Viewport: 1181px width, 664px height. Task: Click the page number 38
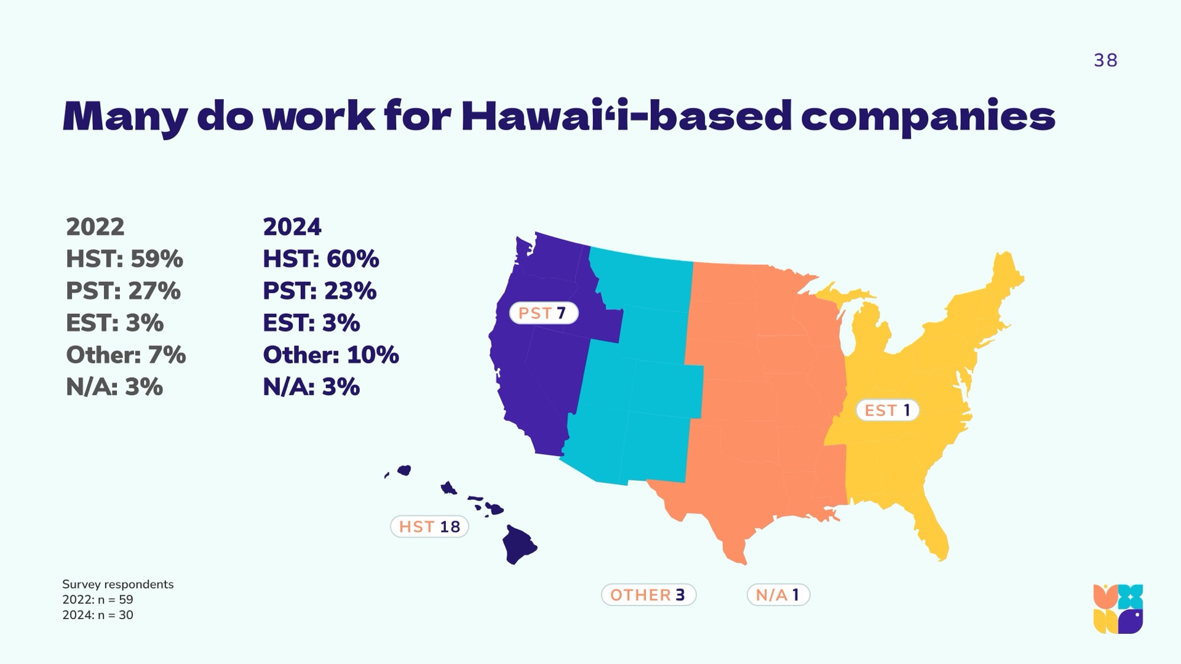point(1105,60)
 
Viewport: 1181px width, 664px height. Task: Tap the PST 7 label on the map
point(544,313)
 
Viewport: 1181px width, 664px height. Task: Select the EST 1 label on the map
point(888,410)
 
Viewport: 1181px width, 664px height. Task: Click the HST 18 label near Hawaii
point(429,527)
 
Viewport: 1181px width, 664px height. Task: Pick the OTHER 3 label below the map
point(648,595)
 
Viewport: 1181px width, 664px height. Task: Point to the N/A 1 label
point(778,595)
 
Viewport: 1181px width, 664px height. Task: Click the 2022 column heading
point(95,227)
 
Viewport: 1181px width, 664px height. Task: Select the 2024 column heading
point(292,227)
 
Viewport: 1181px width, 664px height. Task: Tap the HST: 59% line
point(124,259)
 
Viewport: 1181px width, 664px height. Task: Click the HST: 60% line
point(321,259)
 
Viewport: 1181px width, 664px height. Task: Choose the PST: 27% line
point(123,291)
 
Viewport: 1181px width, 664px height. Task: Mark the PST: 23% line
point(320,291)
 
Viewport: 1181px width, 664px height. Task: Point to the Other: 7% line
point(125,355)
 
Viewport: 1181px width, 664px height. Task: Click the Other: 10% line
point(331,355)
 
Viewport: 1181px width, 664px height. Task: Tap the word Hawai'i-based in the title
point(626,116)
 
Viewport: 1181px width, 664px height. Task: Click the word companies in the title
point(928,118)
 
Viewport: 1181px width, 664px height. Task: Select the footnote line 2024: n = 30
point(98,615)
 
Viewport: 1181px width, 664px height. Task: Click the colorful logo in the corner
point(1118,609)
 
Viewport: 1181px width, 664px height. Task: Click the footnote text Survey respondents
point(118,584)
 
